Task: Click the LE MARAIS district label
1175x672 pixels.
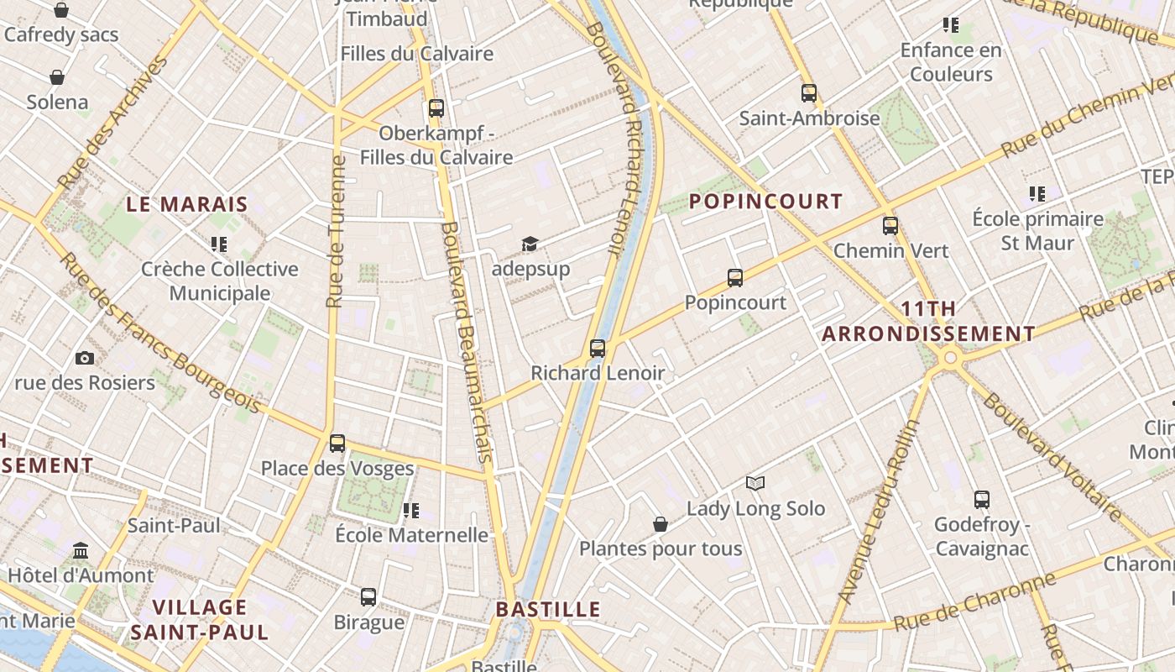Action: pyautogui.click(x=187, y=204)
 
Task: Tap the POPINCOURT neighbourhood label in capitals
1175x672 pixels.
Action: pyautogui.click(x=765, y=202)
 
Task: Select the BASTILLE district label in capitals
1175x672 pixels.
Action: pyautogui.click(x=548, y=610)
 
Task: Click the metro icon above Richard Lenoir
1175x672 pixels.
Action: pyautogui.click(x=598, y=348)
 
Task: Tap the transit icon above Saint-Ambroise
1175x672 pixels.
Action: pyautogui.click(x=809, y=93)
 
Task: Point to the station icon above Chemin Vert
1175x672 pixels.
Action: pyautogui.click(x=890, y=226)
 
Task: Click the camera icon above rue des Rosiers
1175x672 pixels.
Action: pyautogui.click(x=85, y=359)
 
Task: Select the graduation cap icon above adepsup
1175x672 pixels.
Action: pyautogui.click(x=530, y=244)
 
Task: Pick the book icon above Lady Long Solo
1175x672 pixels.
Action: pyautogui.click(x=755, y=484)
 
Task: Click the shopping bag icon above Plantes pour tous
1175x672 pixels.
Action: pyautogui.click(x=661, y=525)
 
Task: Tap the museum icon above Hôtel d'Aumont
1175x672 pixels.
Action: pyautogui.click(x=81, y=551)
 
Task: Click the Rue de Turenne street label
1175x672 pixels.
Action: pyautogui.click(x=336, y=231)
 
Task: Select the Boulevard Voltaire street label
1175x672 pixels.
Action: pyautogui.click(x=1052, y=456)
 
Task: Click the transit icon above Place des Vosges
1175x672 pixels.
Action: pyautogui.click(x=337, y=444)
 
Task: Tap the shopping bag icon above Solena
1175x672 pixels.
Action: pyautogui.click(x=57, y=78)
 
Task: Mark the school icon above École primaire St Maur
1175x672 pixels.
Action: pyautogui.click(x=1037, y=195)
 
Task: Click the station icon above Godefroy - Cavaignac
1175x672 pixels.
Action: pyautogui.click(x=981, y=501)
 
